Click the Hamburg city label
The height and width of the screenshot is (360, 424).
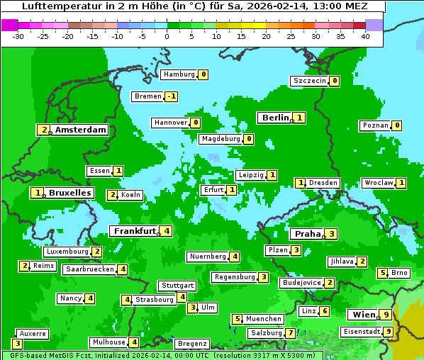click(179, 74)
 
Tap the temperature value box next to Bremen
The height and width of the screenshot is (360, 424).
click(171, 96)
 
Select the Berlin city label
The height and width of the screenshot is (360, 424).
click(275, 118)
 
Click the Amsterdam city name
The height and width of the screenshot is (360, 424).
click(81, 130)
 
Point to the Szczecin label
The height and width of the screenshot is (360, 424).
click(310, 81)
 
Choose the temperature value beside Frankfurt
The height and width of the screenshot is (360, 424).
click(165, 231)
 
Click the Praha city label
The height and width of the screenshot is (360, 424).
click(308, 234)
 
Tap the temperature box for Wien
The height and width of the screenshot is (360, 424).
click(385, 315)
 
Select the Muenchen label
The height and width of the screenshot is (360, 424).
click(264, 319)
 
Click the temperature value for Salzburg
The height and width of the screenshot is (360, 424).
click(290, 333)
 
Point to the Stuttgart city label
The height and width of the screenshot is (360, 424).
click(177, 286)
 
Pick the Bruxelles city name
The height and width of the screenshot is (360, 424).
click(69, 193)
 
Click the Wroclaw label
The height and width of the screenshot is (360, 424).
click(378, 183)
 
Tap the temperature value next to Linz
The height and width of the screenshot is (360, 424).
click(324, 311)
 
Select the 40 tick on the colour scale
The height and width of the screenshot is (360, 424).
click(365, 35)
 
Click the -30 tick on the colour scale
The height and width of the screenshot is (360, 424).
click(18, 35)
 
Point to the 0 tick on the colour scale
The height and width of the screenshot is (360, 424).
click(167, 35)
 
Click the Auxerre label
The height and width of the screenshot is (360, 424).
click(32, 333)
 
